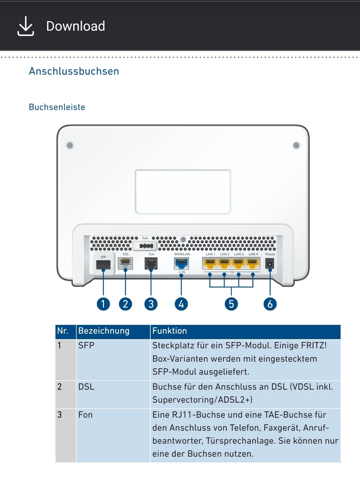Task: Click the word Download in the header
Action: pos(76,26)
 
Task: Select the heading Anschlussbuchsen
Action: pos(74,71)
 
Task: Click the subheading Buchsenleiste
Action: pos(57,107)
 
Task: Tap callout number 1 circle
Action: pos(103,304)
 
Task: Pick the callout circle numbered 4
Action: pos(181,304)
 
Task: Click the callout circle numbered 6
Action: pos(270,304)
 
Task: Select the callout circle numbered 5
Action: pos(231,304)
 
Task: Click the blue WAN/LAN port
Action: pos(181,264)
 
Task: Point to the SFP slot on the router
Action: pos(103,265)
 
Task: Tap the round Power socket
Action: pos(269,264)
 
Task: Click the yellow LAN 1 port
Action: pos(210,264)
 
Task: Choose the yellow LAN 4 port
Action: pos(253,264)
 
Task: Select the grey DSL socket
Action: pos(125,263)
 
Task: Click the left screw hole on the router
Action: pos(70,145)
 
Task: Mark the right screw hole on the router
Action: pos(296,145)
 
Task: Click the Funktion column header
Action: pos(170,331)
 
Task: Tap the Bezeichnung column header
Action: pos(104,331)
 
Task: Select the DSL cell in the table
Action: pos(86,387)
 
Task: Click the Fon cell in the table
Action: pos(86,415)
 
